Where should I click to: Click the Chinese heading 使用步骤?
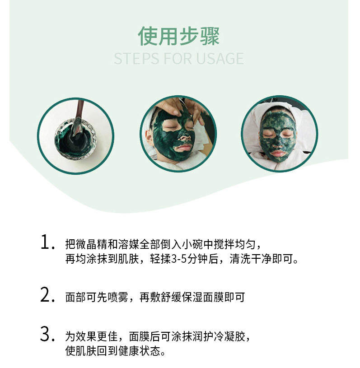[x=179, y=36]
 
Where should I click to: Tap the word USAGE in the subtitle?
[x=220, y=59]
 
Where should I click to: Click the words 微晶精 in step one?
[x=86, y=244]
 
